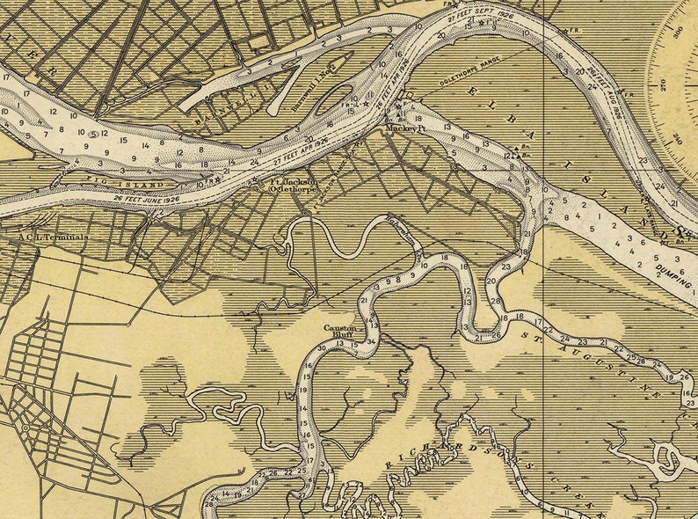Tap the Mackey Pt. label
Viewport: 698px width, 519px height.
[402, 129]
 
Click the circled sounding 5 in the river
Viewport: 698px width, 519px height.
[93, 135]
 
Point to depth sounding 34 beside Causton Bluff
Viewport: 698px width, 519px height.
[372, 341]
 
